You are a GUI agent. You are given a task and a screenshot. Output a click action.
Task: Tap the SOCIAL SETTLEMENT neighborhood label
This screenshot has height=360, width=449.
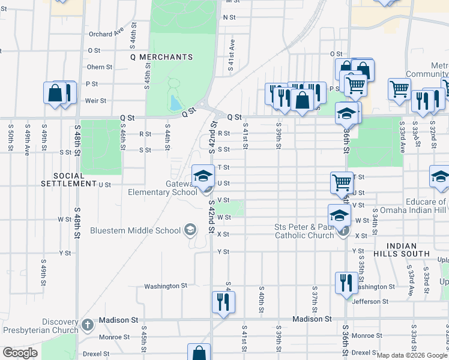70,179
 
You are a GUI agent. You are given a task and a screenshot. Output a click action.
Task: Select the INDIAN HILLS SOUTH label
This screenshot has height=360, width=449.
409,250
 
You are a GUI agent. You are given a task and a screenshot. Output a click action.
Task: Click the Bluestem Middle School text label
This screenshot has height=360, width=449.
136,230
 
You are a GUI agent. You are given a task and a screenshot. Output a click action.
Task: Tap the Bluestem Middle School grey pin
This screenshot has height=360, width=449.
190,229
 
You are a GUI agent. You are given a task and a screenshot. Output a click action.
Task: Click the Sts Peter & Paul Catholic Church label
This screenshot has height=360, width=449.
304,231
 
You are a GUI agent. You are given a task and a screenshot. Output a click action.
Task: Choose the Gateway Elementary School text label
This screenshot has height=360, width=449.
162,188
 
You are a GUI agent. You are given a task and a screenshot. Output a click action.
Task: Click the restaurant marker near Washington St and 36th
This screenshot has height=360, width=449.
346,283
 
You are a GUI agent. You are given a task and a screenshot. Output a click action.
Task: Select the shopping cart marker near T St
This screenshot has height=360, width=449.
342,182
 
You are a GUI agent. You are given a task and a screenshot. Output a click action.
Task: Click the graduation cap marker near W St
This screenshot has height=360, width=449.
339,215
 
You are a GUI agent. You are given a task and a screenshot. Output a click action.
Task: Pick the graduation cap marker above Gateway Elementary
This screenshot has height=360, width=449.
203,176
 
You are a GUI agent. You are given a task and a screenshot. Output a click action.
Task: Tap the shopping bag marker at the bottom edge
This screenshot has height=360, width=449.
199,353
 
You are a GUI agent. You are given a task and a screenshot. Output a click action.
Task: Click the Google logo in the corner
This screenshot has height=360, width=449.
20,353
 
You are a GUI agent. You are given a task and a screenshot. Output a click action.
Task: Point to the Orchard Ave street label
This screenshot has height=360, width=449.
110,30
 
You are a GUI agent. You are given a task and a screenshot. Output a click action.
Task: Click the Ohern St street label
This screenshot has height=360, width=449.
100,67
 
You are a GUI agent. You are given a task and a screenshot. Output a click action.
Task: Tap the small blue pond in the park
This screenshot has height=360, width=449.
175,104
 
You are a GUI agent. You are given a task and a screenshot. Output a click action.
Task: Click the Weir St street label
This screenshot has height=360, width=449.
96,101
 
